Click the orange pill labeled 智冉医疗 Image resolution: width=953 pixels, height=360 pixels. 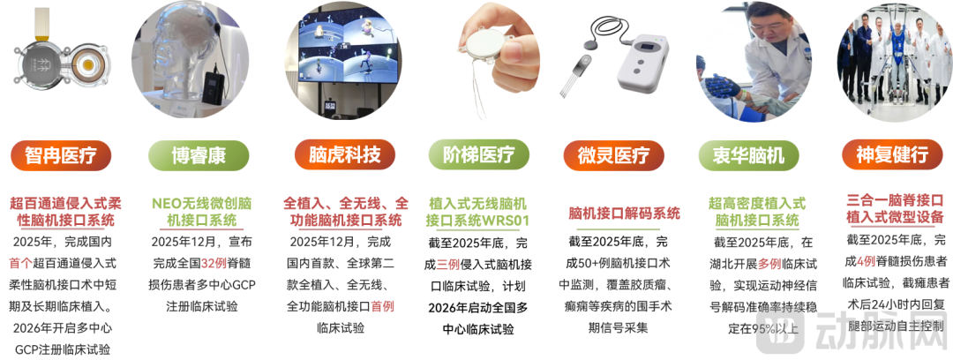tap(61, 155)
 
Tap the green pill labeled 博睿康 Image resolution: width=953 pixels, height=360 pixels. tap(199, 155)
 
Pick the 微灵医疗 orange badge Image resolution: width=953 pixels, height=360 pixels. tap(614, 155)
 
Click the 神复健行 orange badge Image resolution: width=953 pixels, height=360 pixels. tap(892, 155)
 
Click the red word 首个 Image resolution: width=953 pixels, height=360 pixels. tap(20, 263)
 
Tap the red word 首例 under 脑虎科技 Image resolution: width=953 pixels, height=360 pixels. tap(382, 306)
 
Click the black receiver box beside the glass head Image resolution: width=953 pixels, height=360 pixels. tap(213, 89)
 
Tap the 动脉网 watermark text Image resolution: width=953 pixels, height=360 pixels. tap(883, 332)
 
